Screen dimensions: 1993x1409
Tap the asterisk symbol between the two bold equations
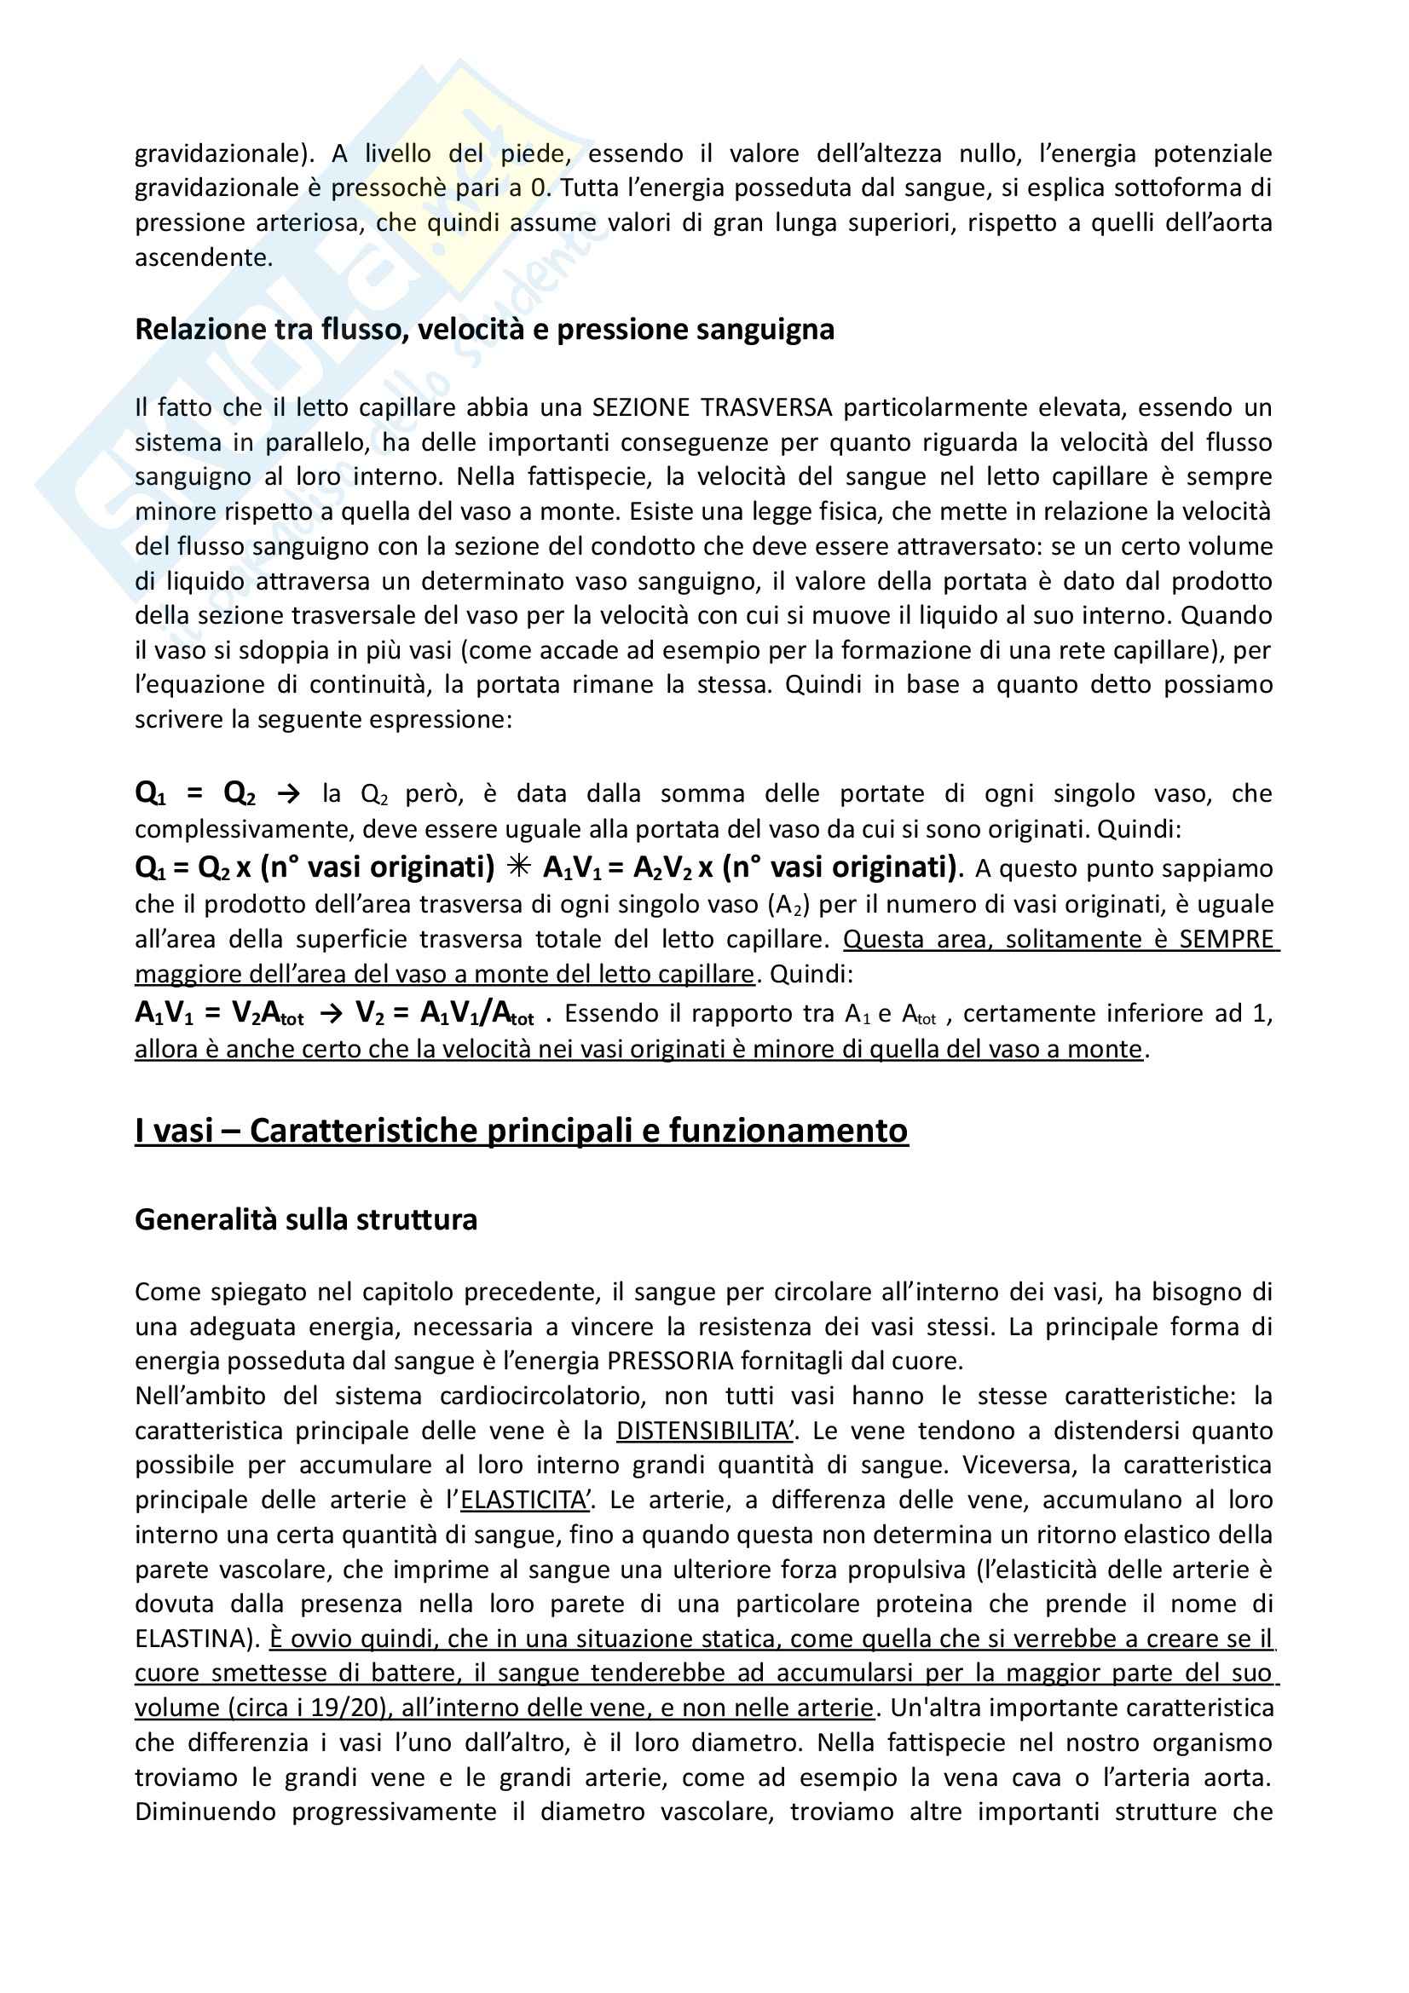(x=519, y=867)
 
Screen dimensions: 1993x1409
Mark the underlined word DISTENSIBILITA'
(x=704, y=1431)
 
